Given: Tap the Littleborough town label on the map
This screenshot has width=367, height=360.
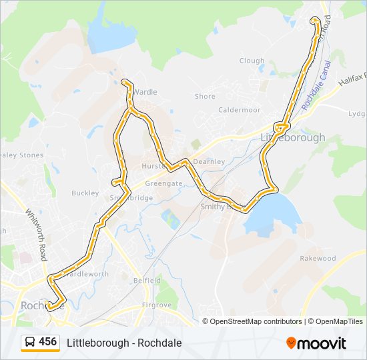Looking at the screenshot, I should coord(292,137).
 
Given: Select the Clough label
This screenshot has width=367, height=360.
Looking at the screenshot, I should coord(252,61).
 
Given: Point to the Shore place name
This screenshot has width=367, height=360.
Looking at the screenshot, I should coord(205,97).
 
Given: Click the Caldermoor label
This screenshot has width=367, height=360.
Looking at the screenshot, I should coord(239,110).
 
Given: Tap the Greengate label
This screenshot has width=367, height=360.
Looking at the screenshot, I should coord(163,183).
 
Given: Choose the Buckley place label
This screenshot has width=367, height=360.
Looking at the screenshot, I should coord(85,193).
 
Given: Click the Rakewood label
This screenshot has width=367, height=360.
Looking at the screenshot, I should coord(318,258).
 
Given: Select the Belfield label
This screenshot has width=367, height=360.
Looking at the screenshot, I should coord(147,281).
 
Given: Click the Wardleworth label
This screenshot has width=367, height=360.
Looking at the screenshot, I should coord(86,274).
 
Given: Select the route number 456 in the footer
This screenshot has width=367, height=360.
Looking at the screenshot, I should coord(48,342).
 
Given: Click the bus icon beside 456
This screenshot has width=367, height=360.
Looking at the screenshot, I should coord(30,343).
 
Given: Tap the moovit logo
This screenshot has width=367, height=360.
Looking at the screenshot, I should coord(316,343).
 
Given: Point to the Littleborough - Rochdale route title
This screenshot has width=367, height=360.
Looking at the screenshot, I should coord(124,343).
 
